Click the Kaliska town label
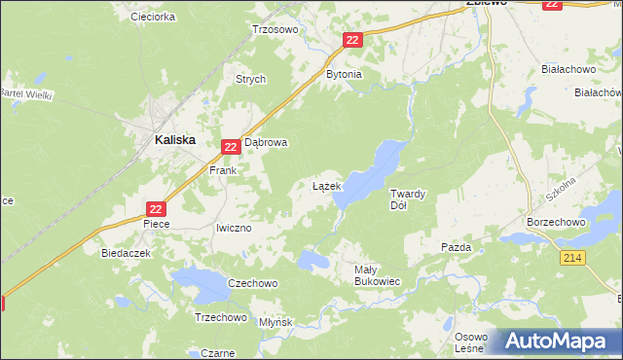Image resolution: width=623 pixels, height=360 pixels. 175,140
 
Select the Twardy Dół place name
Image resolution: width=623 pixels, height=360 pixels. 408,199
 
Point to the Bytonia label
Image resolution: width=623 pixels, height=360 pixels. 344,74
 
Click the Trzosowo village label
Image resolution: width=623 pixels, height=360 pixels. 275,29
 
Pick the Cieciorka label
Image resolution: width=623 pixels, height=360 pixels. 152,17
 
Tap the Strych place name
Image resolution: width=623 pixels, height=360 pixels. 250,80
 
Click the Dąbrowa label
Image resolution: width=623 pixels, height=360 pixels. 266,142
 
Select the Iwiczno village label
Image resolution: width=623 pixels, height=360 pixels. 234,228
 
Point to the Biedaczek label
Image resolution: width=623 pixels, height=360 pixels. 124,252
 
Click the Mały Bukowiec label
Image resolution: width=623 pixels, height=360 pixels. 376,275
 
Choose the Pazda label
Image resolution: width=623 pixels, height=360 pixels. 456,248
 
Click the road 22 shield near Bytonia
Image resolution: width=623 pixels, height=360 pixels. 352,40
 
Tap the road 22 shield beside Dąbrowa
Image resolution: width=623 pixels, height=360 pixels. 230,147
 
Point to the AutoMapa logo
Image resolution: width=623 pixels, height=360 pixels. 557,342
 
